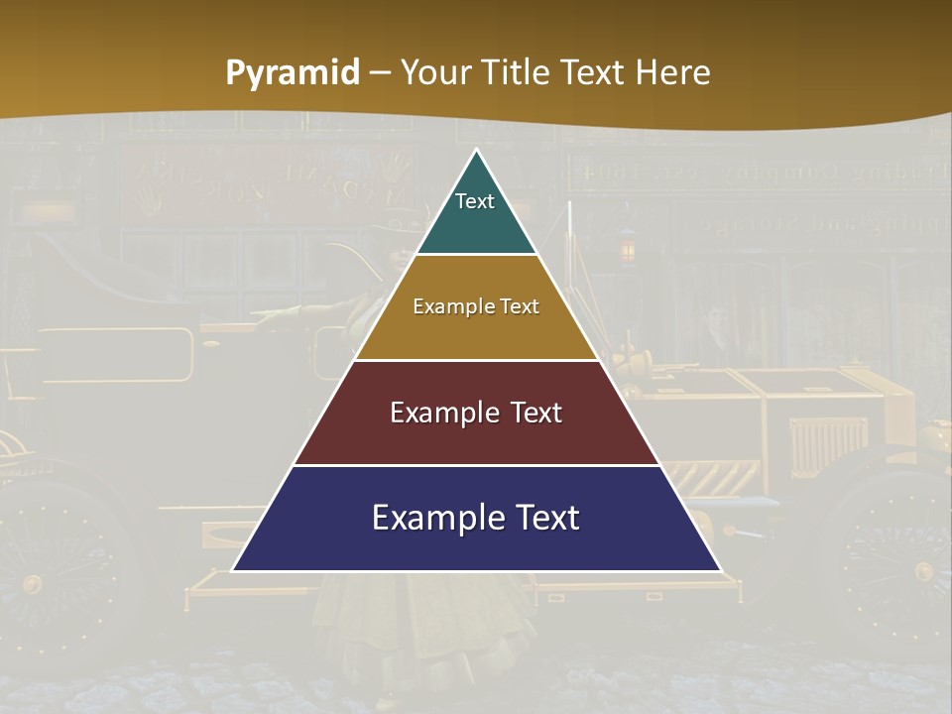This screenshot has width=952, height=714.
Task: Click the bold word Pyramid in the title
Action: (x=293, y=73)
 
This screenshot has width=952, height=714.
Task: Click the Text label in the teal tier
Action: (x=475, y=201)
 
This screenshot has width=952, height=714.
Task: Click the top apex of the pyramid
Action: (x=477, y=150)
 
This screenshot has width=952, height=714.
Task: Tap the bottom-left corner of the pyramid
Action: (x=234, y=570)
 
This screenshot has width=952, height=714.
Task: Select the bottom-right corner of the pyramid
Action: (x=719, y=570)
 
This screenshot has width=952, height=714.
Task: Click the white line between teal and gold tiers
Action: (x=477, y=255)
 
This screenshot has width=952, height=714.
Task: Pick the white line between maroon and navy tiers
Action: (x=477, y=465)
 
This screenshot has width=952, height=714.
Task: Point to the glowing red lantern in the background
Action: (x=627, y=246)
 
